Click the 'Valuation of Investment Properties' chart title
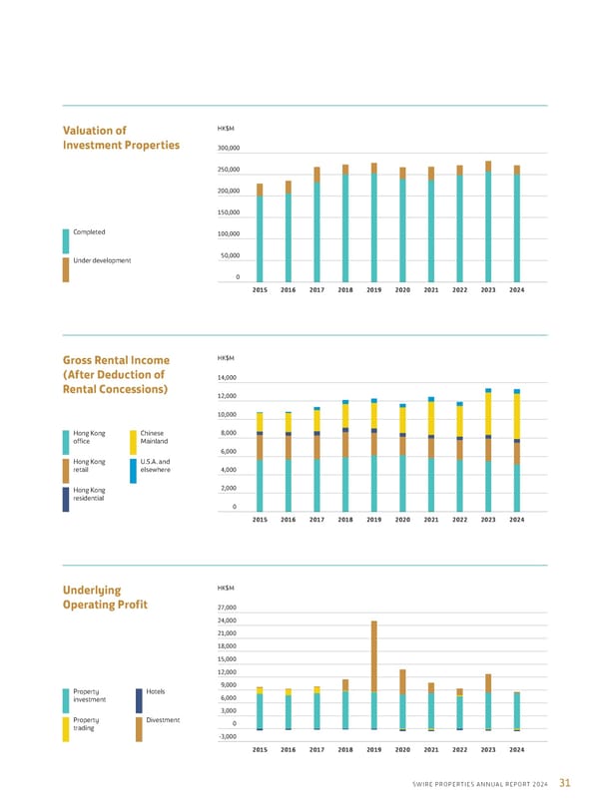click(x=121, y=137)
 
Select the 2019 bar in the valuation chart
click(x=374, y=221)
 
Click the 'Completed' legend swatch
click(x=66, y=239)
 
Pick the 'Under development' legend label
click(x=103, y=260)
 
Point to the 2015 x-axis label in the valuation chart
click(x=260, y=289)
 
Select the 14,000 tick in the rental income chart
click(x=228, y=378)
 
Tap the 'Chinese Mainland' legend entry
click(x=155, y=437)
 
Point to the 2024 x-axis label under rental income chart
click(x=517, y=520)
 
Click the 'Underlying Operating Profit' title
click(x=106, y=598)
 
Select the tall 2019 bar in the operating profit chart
click(x=374, y=674)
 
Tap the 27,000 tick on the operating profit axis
click(x=228, y=608)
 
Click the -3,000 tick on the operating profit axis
click(x=228, y=736)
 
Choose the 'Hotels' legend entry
click(x=156, y=691)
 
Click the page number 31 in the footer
click(x=566, y=781)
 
